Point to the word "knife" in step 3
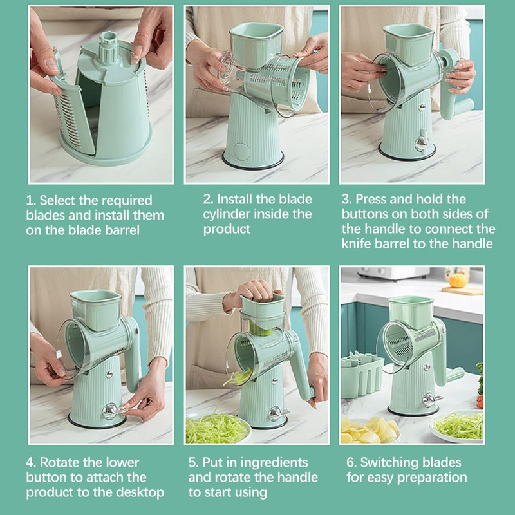pos(356,244)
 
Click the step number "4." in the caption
pos(31,462)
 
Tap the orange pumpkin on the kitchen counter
pos(458,280)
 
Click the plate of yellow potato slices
pos(370,430)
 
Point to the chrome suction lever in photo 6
pos(431,399)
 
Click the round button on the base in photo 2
pos(242,151)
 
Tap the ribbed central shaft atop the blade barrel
pos(109,47)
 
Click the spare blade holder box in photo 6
pos(361,375)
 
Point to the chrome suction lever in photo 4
pos(113,411)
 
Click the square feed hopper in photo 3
pos(409,44)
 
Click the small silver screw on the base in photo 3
pos(422,108)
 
